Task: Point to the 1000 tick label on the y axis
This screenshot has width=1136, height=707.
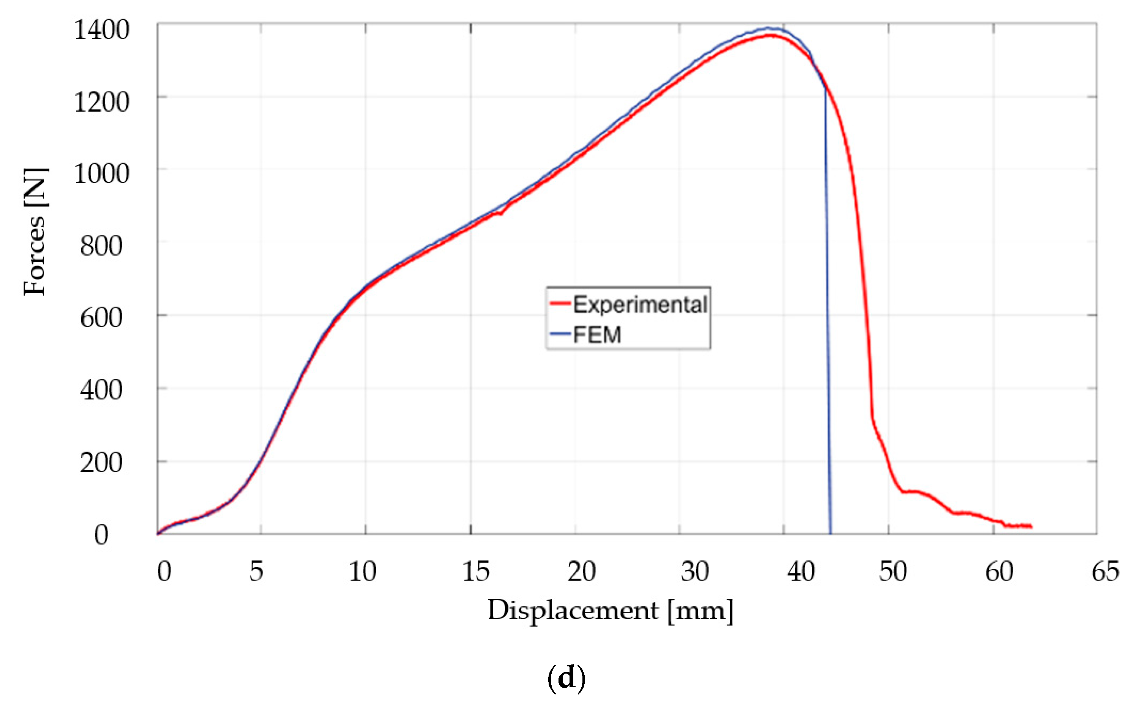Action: (x=101, y=174)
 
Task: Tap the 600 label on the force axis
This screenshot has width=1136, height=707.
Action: (x=101, y=319)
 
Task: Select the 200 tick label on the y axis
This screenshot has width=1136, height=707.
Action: (x=101, y=463)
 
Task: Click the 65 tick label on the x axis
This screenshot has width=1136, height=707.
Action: (x=1105, y=571)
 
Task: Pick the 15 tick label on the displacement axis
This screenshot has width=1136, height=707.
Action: (x=476, y=571)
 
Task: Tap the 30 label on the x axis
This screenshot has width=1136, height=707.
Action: (x=695, y=571)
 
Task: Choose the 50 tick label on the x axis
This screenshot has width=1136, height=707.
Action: (x=893, y=571)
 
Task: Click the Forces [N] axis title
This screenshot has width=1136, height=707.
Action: (x=36, y=232)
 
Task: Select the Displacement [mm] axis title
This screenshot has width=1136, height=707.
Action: (x=611, y=611)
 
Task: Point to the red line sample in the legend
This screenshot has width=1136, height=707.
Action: (x=560, y=304)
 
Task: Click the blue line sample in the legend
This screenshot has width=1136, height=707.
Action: (x=560, y=334)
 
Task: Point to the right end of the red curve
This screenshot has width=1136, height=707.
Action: (x=1031, y=527)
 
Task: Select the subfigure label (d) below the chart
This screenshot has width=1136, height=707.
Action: (x=566, y=678)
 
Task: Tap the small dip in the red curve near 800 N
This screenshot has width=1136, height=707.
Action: (x=500, y=214)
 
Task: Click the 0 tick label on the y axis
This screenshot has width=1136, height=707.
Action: (x=101, y=535)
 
